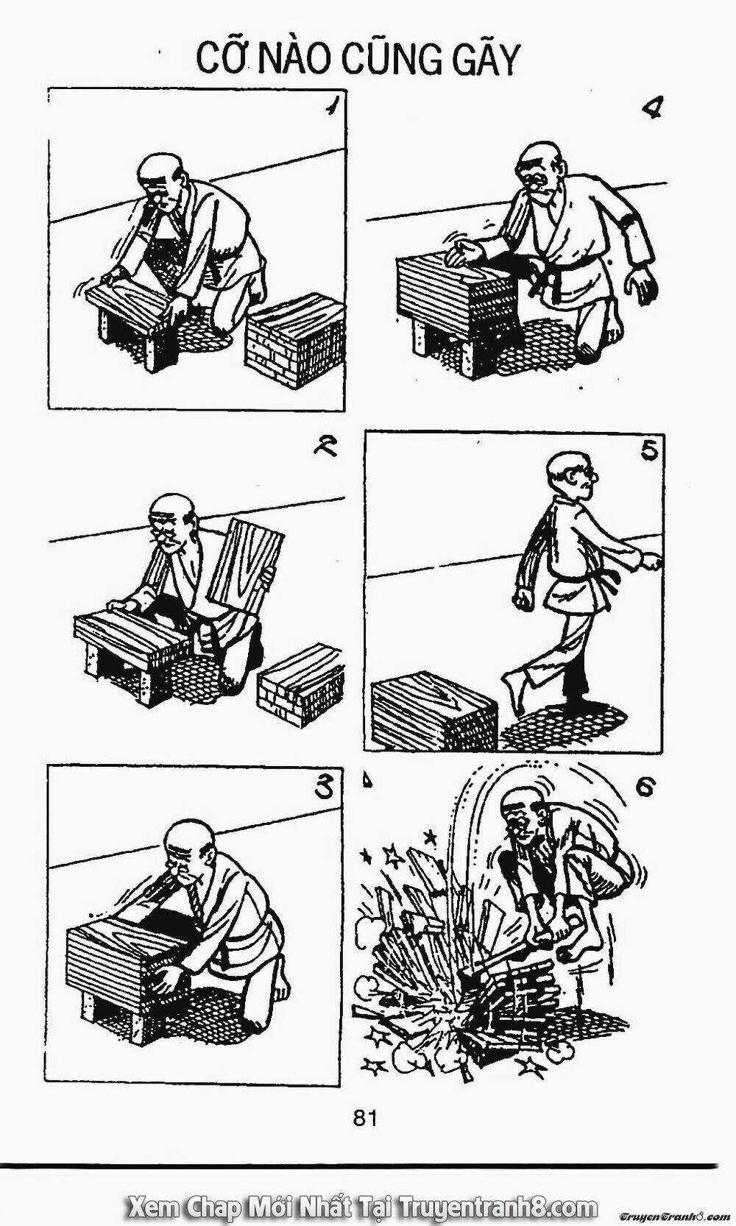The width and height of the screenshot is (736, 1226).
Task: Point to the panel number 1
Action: click(x=330, y=107)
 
